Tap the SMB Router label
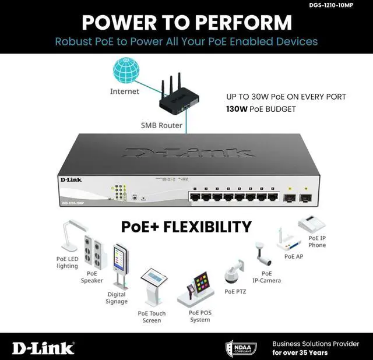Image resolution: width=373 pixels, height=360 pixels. point(161,125)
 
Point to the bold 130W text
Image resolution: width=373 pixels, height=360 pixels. point(237,109)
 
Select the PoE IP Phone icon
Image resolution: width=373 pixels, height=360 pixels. point(314,224)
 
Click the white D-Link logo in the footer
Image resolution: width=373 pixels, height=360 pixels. point(43,348)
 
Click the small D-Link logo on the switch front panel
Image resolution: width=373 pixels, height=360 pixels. point(71,181)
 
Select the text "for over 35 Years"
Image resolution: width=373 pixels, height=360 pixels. point(300,352)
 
